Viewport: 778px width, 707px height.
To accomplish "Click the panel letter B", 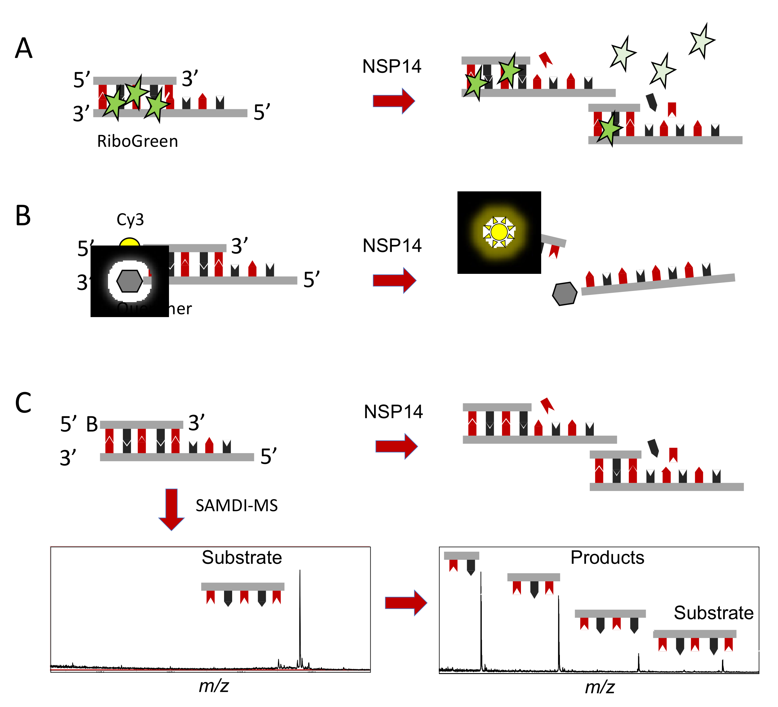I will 23,216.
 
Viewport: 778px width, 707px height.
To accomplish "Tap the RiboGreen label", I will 137,141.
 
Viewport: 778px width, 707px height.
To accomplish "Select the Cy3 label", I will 130,220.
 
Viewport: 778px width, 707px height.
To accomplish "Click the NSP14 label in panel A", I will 392,66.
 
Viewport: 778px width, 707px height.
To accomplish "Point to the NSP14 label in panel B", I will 392,246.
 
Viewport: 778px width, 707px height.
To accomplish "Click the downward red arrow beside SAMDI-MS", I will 171,509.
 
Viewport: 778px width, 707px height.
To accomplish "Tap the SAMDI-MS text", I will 237,506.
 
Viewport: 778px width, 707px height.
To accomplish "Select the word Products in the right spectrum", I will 607,557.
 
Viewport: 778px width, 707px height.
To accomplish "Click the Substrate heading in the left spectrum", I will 242,557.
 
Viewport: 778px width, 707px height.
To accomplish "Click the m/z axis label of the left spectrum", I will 214,686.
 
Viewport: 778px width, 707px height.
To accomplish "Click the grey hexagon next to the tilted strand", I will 565,294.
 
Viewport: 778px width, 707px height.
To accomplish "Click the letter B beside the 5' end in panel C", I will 92,424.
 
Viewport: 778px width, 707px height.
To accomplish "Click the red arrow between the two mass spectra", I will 405,602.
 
